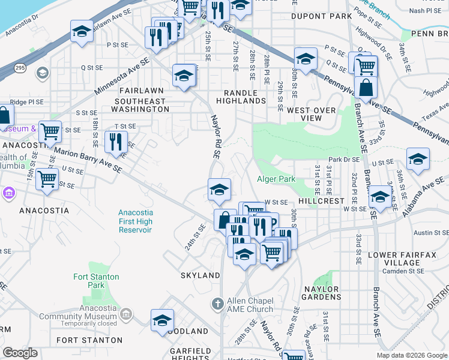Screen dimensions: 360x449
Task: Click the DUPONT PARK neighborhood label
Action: click(x=321, y=16)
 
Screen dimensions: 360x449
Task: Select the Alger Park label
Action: click(x=276, y=179)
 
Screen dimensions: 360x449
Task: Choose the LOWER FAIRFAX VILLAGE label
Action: click(x=394, y=259)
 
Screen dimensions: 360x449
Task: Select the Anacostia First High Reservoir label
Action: click(x=135, y=221)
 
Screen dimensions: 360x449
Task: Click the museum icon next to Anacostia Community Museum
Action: click(x=126, y=314)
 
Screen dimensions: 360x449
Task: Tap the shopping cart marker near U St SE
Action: click(x=47, y=178)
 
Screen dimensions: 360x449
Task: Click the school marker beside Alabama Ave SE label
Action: click(x=418, y=158)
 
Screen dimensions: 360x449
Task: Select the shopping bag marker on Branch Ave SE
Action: click(x=365, y=88)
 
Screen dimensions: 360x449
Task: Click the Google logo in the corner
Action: click(x=20, y=353)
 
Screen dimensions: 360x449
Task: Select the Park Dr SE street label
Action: click(x=343, y=160)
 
